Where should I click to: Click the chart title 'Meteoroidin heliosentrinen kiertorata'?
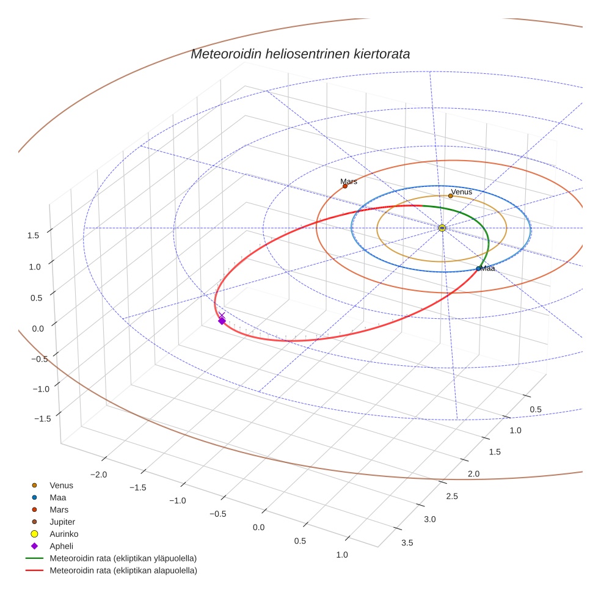300,54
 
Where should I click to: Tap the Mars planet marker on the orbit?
345,186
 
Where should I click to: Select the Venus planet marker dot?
451,195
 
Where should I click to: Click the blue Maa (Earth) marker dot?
478,269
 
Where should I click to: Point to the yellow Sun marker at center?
442,228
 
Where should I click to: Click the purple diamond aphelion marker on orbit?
222,321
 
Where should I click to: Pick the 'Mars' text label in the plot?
349,181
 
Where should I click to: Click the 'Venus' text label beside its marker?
461,192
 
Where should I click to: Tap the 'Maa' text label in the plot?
487,268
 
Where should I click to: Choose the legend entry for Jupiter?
62,522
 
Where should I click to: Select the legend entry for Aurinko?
64,534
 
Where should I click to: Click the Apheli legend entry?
61,546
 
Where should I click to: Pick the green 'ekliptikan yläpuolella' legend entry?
123,558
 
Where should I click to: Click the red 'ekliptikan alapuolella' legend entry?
123,570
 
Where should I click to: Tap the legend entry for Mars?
59,509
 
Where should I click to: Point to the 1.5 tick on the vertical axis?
34,235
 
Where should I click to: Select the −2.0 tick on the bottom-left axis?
99,475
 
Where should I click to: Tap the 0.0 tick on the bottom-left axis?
259,527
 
